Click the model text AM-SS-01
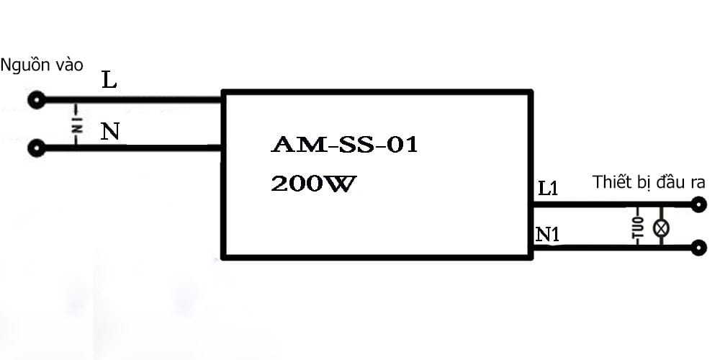point(344,145)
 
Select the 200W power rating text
point(313,184)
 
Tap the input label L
point(109,81)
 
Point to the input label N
point(110,132)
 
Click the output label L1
point(548,188)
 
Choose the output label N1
point(548,235)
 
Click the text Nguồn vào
point(42,66)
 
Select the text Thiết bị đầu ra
point(649,182)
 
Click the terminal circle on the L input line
point(37,99)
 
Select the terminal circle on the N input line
point(37,148)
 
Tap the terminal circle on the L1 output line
point(698,204)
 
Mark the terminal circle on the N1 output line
point(698,248)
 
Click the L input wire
point(133,99)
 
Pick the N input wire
point(133,148)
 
